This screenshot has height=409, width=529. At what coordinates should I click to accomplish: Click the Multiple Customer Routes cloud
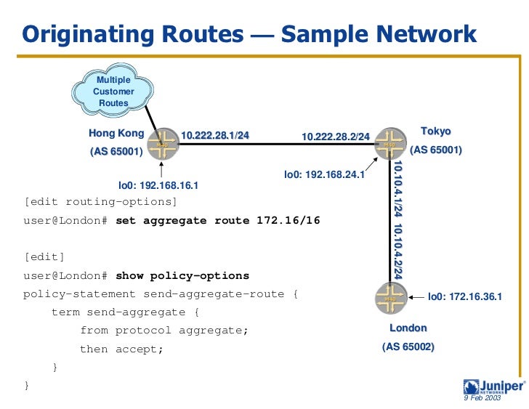(x=113, y=92)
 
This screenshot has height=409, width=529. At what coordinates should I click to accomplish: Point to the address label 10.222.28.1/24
(x=214, y=135)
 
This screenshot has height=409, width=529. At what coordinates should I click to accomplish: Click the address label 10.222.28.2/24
(x=336, y=137)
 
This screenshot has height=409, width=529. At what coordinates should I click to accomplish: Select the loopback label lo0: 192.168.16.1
(x=158, y=185)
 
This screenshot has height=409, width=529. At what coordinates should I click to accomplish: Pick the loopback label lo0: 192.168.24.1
(x=324, y=174)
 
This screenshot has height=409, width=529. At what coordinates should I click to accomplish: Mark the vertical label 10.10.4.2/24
(x=397, y=251)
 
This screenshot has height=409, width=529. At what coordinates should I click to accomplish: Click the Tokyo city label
(x=436, y=131)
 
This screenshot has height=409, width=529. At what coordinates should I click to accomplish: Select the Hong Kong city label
(x=116, y=134)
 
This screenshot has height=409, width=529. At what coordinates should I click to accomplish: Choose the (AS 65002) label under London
(x=408, y=347)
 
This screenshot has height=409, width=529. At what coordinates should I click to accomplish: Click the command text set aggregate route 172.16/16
(x=218, y=220)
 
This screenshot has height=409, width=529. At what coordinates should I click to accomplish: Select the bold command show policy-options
(x=182, y=275)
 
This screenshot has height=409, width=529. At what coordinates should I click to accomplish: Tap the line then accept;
(x=121, y=349)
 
